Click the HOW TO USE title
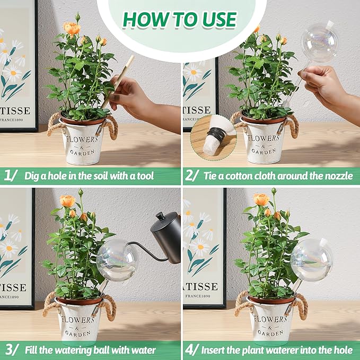179,20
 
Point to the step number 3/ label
11,350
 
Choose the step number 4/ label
193,350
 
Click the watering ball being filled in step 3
117,260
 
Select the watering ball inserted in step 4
311,260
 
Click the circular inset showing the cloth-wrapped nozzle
213,136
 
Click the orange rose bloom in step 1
72,28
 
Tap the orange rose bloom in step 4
261,199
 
